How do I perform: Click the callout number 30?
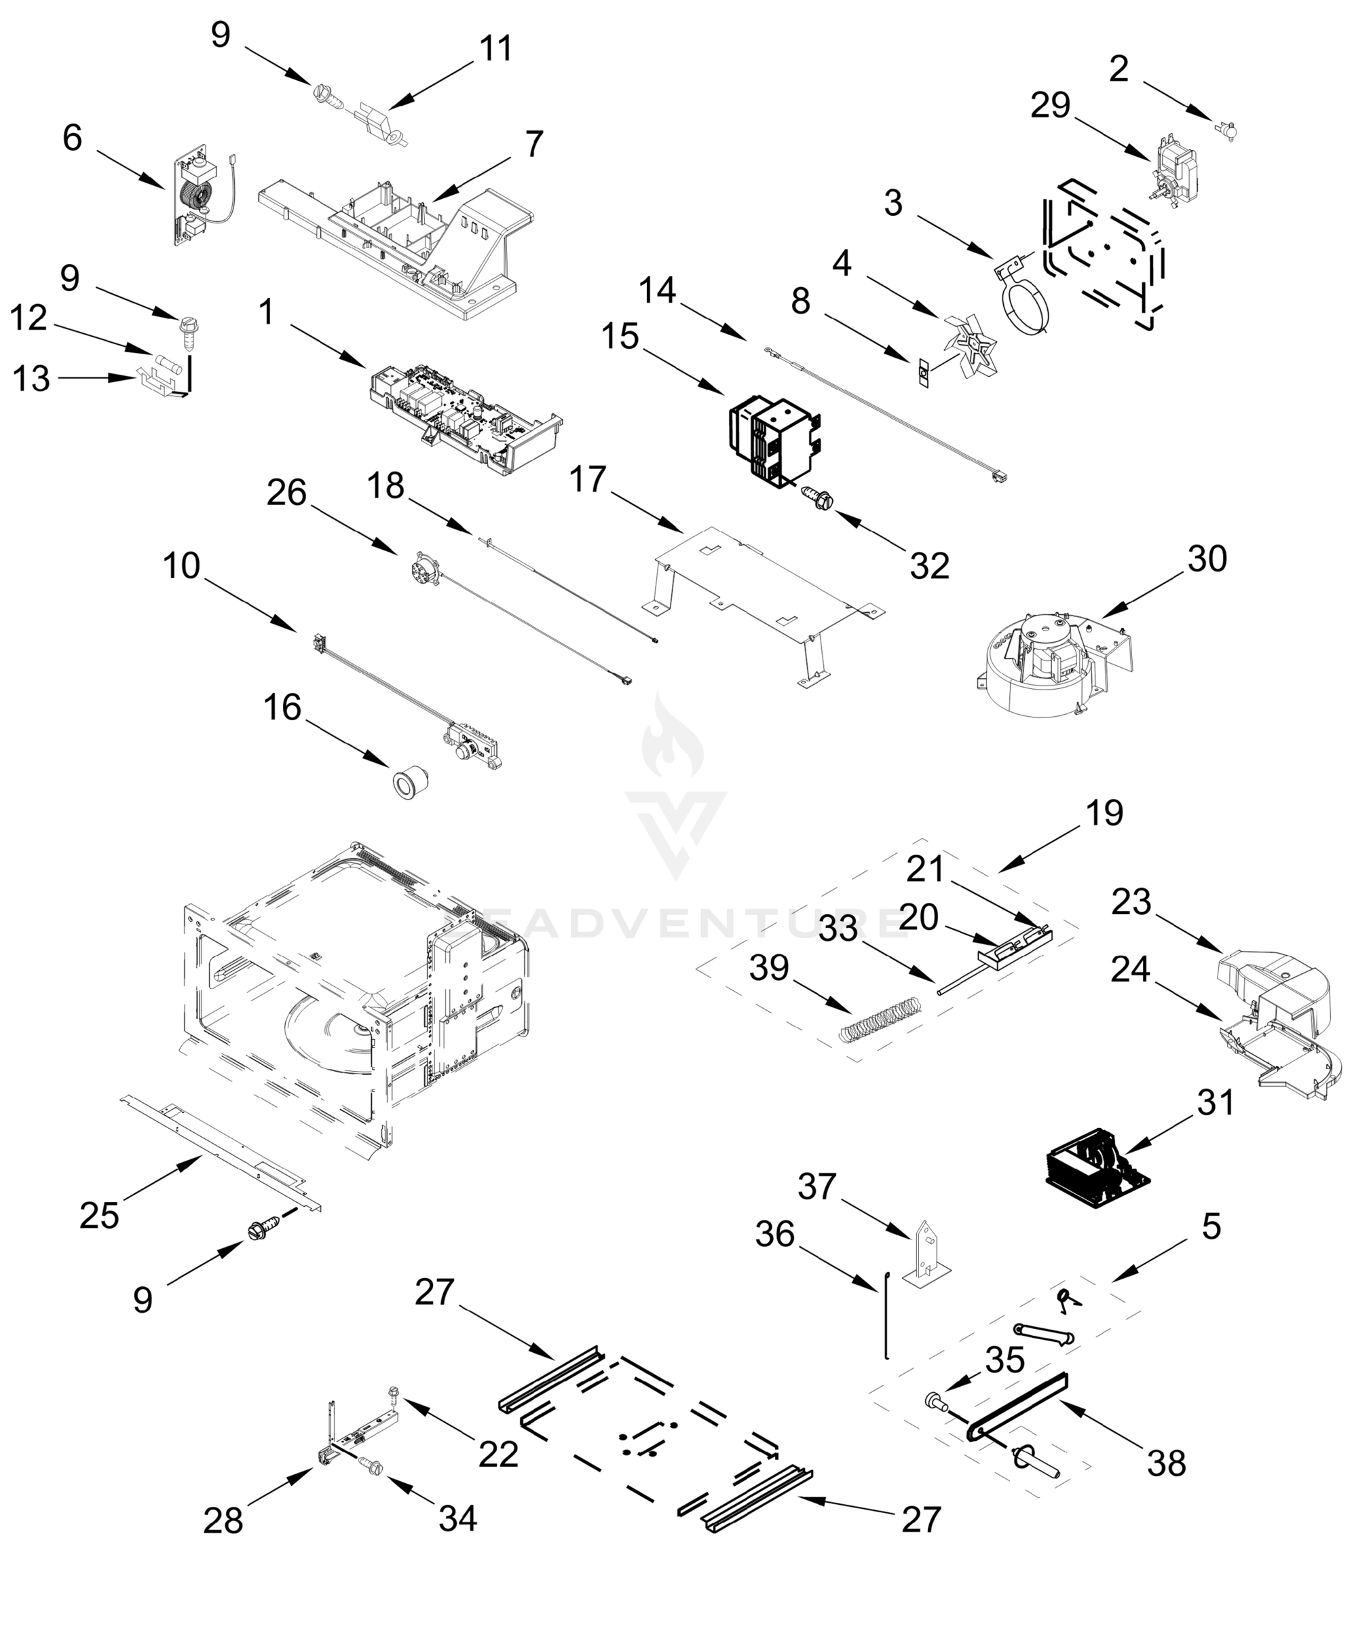coord(1207,559)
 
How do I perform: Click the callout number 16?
coord(282,707)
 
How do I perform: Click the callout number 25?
coord(99,1216)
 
